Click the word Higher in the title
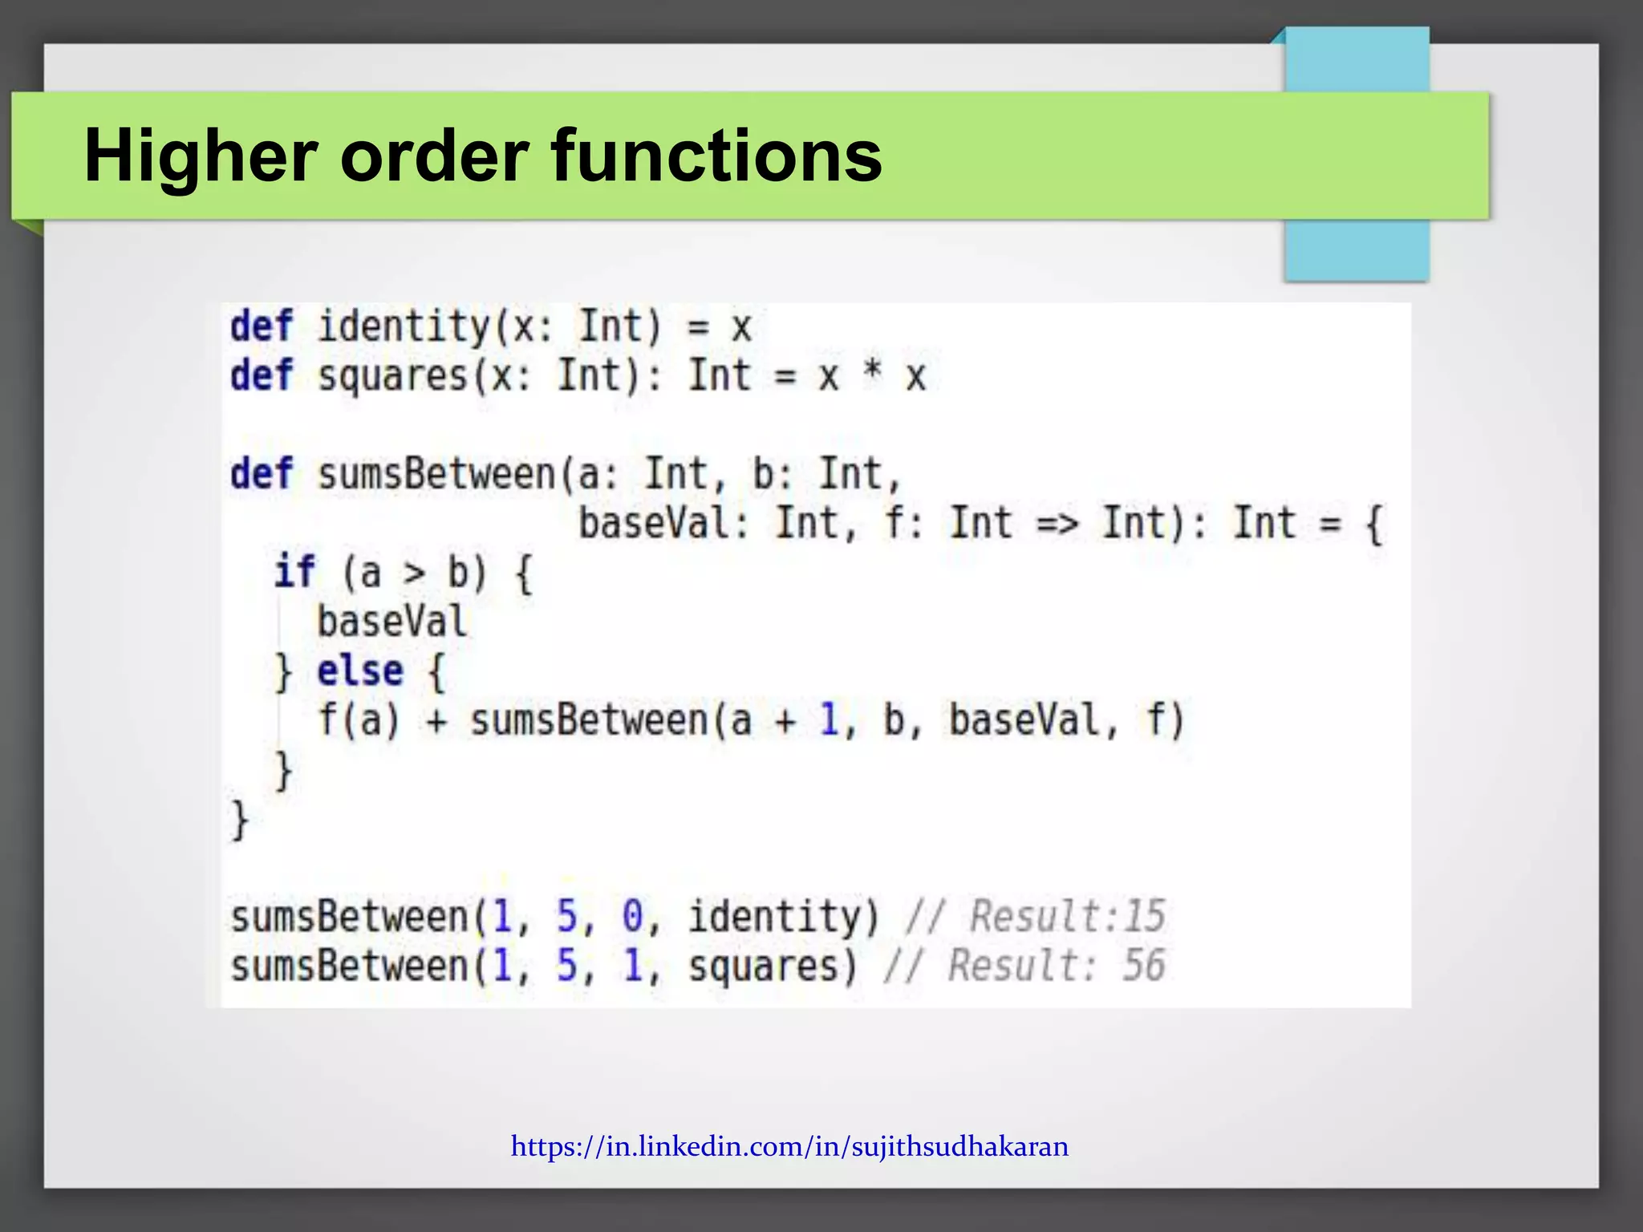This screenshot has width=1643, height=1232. pos(201,156)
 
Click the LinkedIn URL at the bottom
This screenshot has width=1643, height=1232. pos(789,1146)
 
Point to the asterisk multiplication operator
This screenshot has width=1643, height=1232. pos(871,374)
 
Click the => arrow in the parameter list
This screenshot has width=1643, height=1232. pos(1057,524)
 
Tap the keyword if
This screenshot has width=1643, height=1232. pos(294,572)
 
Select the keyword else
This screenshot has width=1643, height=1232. pos(359,671)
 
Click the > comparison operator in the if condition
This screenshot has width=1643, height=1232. pos(414,573)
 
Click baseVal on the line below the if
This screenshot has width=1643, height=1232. pos(391,622)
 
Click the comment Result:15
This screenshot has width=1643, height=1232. pos(1067,916)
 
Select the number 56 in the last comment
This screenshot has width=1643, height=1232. pos(1143,965)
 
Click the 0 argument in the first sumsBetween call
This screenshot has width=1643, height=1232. pos(632,916)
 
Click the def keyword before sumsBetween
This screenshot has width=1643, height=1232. pos(262,474)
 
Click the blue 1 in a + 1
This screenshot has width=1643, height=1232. pos(829,719)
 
